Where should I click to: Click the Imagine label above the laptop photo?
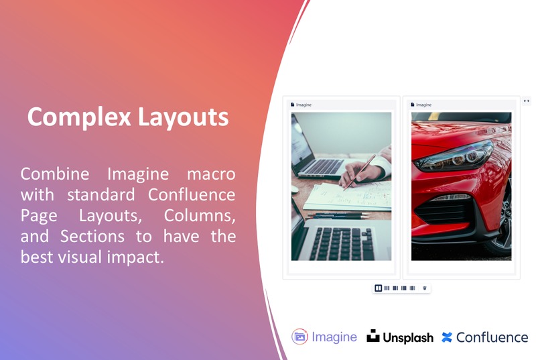pos(303,105)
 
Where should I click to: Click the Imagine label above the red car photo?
pos(423,105)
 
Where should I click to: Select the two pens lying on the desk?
pos(339,215)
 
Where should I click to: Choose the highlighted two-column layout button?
pos(379,288)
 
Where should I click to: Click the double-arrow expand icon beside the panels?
pos(527,101)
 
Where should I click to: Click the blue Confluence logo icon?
pos(447,338)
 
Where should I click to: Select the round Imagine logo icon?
pos(299,337)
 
